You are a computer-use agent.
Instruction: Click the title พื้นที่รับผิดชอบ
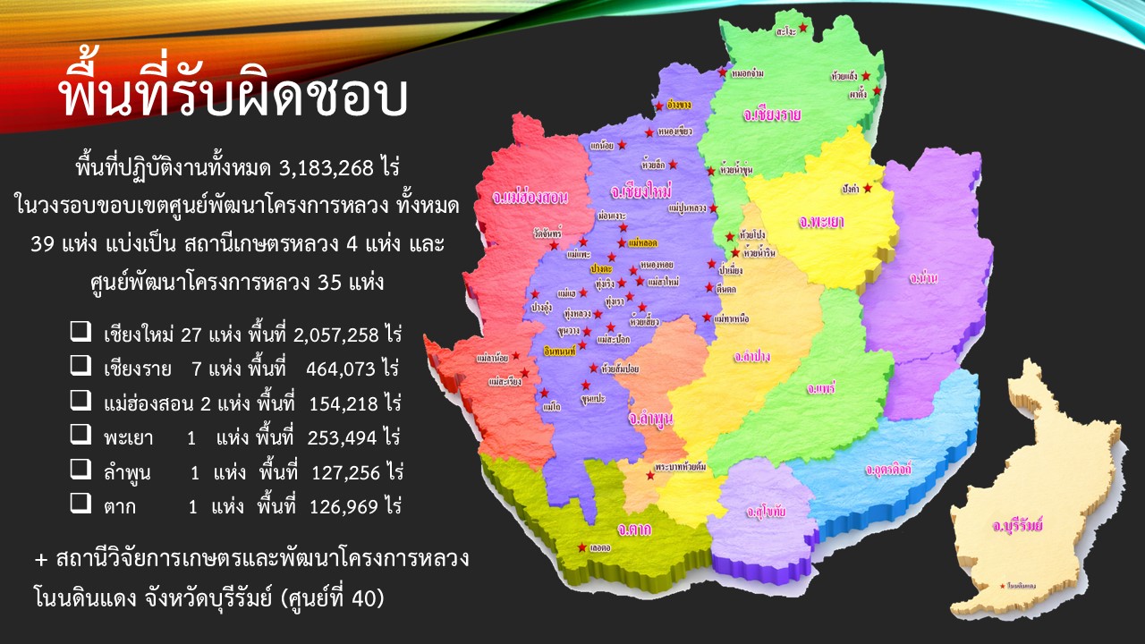click(233, 97)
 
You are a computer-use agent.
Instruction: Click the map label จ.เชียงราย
click(771, 115)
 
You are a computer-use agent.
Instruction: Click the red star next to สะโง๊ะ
click(803, 30)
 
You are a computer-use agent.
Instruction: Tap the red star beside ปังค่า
click(866, 188)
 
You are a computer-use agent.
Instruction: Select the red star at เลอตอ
click(582, 547)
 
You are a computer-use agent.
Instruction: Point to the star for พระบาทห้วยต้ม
click(649, 476)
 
